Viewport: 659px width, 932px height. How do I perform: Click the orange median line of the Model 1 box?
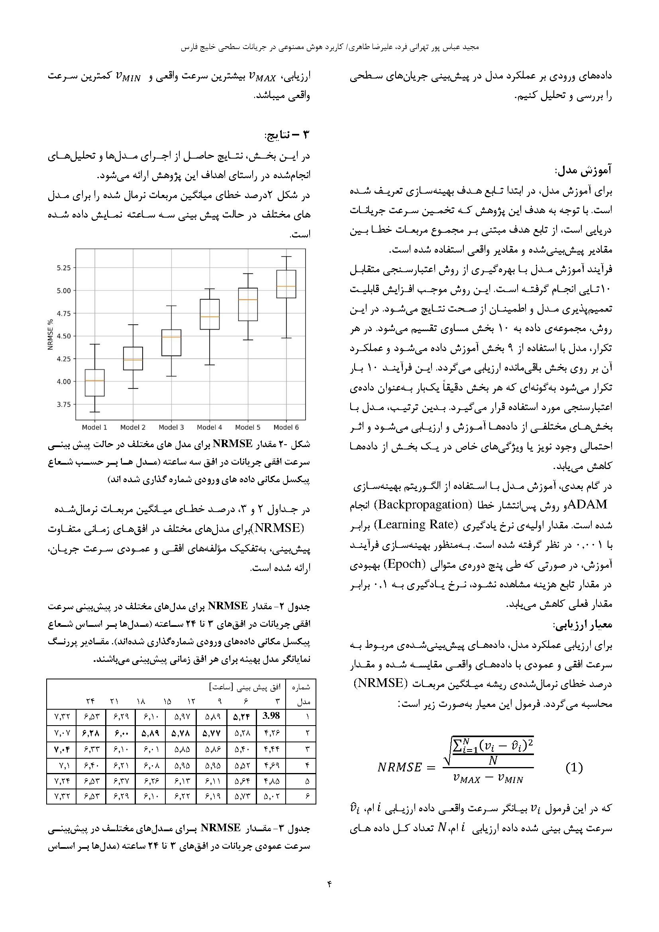tap(94, 381)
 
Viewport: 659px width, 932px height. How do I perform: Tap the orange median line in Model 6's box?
tap(286, 286)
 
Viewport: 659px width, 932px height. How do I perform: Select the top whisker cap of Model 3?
tap(171, 306)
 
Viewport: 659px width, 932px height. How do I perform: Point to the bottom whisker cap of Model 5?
tap(248, 339)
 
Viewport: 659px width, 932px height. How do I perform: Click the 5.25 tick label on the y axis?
tap(64, 268)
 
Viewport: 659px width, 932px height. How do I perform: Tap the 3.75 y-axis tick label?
tap(64, 404)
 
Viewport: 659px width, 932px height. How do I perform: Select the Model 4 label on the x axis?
tap(210, 427)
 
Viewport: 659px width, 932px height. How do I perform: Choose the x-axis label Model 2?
tap(133, 427)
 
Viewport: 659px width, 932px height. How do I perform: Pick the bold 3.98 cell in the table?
tap(271, 716)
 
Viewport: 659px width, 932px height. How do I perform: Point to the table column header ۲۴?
tap(90, 701)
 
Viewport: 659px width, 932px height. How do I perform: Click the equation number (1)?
tap(574, 767)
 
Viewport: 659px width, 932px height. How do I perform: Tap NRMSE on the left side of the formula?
tap(400, 767)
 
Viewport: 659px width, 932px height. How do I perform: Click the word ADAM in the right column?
tap(588, 504)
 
